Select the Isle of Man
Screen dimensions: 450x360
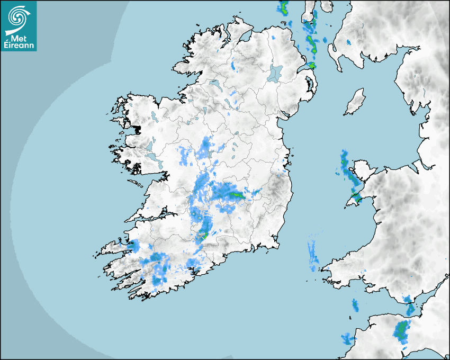355,102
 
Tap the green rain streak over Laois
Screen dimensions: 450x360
236,195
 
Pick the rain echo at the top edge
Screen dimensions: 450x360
283,7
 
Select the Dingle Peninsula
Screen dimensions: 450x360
114,247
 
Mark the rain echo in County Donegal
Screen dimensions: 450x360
233,66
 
